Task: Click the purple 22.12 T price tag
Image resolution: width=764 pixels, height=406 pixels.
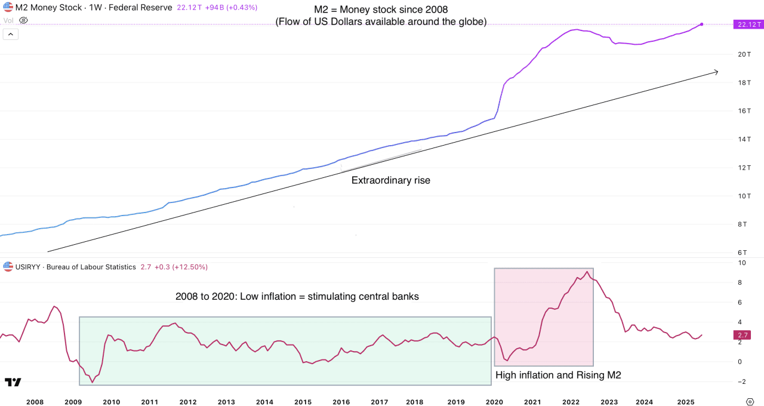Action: point(747,24)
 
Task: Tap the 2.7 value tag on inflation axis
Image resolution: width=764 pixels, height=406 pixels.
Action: point(743,335)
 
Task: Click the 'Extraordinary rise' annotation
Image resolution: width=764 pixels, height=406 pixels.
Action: point(390,180)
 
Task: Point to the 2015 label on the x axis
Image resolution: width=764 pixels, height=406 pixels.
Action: point(303,402)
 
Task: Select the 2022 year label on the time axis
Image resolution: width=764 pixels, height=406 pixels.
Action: point(571,402)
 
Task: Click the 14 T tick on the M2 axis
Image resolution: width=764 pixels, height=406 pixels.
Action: point(743,139)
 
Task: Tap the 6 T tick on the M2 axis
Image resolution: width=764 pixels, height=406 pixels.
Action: point(743,253)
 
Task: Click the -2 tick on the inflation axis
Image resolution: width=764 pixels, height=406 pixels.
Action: point(740,382)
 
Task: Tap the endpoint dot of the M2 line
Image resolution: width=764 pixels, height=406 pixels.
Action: point(701,24)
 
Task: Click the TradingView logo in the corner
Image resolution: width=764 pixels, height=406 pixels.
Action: point(13,382)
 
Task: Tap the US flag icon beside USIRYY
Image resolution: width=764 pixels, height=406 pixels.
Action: point(8,267)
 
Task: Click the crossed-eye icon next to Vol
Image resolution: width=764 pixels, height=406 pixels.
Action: point(23,20)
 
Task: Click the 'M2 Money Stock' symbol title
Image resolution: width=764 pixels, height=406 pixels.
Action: point(48,8)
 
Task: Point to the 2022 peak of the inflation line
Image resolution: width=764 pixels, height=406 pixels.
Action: point(587,272)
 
